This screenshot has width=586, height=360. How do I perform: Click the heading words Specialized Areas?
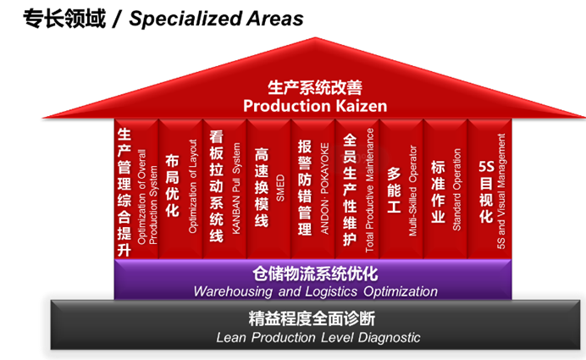(216, 19)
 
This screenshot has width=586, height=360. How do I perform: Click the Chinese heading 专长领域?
(64, 19)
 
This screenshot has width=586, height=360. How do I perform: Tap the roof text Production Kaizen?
(315, 106)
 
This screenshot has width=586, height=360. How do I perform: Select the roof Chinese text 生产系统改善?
(315, 87)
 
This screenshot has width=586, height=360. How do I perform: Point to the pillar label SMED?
(280, 188)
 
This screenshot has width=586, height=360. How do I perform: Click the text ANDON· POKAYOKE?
(324, 188)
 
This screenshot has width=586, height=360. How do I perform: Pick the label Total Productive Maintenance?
(369, 191)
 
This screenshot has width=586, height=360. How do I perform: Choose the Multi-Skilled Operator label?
(412, 191)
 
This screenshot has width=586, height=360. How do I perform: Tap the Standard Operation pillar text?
(456, 190)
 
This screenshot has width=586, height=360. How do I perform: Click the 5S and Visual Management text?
(500, 191)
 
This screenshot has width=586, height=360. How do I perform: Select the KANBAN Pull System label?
(235, 188)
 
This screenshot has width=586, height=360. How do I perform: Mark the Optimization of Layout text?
(192, 186)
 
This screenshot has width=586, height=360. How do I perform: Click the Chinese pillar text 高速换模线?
(262, 188)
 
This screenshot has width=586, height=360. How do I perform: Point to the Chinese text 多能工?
(394, 190)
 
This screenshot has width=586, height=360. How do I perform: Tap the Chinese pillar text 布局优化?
(172, 186)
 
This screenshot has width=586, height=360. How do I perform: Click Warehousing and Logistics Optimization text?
(315, 291)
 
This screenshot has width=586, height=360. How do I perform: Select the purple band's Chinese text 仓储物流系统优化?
(315, 274)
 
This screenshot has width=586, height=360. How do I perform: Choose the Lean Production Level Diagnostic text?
(318, 338)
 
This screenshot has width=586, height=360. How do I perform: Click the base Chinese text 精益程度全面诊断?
(312, 318)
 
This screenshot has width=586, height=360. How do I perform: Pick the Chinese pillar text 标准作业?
(438, 191)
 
